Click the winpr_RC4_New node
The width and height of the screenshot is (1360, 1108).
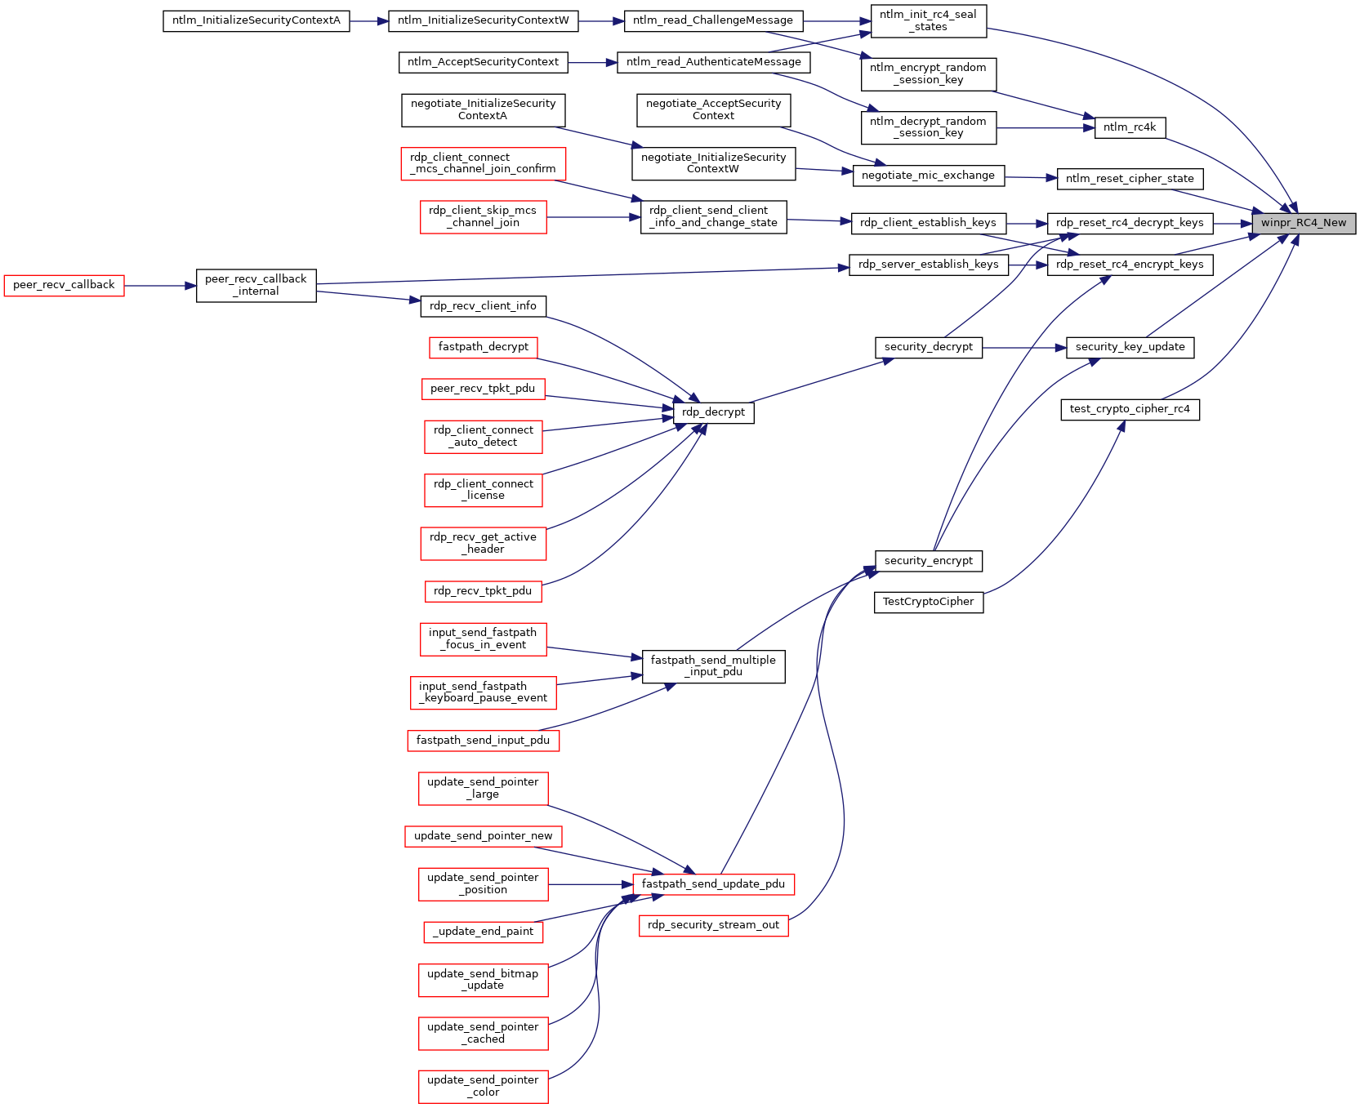point(1304,223)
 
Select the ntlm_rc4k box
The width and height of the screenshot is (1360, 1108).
point(1130,127)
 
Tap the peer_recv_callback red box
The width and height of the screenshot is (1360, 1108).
point(64,286)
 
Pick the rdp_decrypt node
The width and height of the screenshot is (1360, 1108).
point(713,412)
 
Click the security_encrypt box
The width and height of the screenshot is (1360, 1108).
point(929,561)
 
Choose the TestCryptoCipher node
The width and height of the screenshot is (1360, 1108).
point(929,603)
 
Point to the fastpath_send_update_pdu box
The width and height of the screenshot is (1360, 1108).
point(713,884)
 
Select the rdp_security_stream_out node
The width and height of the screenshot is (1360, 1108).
point(713,926)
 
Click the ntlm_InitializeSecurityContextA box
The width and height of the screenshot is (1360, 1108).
point(256,21)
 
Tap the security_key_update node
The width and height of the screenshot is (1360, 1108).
point(1130,347)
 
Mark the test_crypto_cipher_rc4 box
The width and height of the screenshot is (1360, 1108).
point(1130,410)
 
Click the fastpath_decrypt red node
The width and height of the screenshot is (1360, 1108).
point(483,347)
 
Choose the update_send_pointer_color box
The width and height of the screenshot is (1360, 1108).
point(483,1087)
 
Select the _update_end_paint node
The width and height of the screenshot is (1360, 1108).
point(483,932)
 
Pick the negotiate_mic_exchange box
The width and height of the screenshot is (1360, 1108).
point(928,176)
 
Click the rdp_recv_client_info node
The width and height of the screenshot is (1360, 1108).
point(483,306)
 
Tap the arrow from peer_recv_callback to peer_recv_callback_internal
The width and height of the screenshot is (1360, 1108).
point(160,286)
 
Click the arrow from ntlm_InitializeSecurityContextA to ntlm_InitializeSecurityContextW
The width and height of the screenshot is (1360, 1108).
point(369,21)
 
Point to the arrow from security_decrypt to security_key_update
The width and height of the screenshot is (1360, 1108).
point(1024,348)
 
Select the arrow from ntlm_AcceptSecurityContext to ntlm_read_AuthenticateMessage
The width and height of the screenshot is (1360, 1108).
point(592,62)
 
